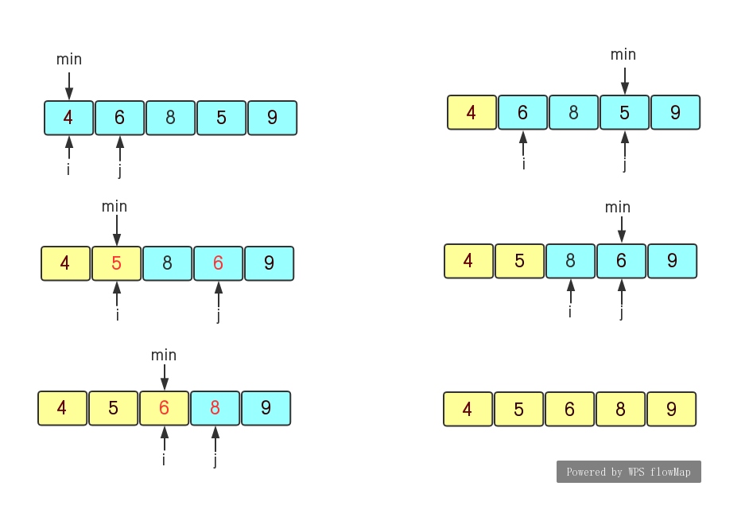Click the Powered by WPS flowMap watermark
(x=628, y=472)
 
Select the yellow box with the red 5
(x=117, y=263)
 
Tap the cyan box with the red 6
(x=218, y=263)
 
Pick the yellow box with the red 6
(x=164, y=408)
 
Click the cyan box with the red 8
(x=215, y=408)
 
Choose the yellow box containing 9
(x=671, y=409)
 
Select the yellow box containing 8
(x=620, y=409)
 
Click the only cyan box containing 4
(x=68, y=118)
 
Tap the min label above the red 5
(x=114, y=207)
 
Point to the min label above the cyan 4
(x=69, y=60)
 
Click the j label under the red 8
(x=215, y=460)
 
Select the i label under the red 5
(x=117, y=315)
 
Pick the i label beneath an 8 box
(x=570, y=312)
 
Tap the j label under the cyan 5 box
(x=625, y=165)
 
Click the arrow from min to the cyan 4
(x=69, y=85)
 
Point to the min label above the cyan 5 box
(x=623, y=55)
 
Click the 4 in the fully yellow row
(x=468, y=409)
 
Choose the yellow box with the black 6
(x=569, y=409)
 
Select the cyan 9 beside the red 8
(x=266, y=408)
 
